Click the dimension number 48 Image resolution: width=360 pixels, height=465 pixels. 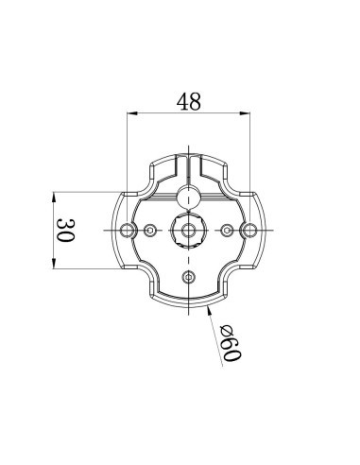[x=188, y=102]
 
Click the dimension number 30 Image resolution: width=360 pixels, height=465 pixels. [x=65, y=230]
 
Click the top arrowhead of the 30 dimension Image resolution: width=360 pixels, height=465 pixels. [x=54, y=197]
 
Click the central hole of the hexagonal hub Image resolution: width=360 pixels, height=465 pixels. [x=188, y=230]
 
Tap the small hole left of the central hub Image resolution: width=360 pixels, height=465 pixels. [x=150, y=230]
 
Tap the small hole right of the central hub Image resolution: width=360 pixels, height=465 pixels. [x=226, y=230]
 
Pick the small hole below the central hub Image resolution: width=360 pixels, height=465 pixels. [x=188, y=276]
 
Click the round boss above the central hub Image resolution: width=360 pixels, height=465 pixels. [x=188, y=197]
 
